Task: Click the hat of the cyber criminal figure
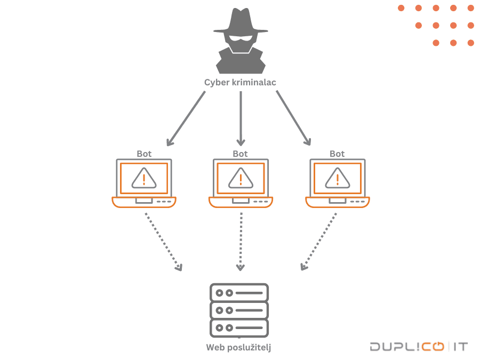[x=240, y=21]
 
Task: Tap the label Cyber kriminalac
[x=240, y=83]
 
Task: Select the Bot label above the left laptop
[x=144, y=154]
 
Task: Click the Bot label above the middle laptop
[x=241, y=154]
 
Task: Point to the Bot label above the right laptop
[x=337, y=154]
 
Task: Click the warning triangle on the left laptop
[x=144, y=179]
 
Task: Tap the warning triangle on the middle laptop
[x=241, y=179]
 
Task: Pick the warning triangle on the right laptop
[x=337, y=179]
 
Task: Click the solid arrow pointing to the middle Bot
[x=241, y=118]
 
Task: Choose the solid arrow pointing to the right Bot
[x=293, y=118]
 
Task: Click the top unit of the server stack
[x=239, y=293]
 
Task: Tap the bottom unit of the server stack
[x=239, y=327]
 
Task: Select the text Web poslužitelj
[x=239, y=348]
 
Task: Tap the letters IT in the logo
[x=460, y=347]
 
